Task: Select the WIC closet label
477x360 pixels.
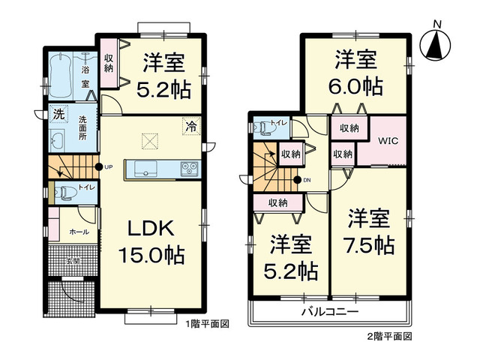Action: pyautogui.click(x=387, y=140)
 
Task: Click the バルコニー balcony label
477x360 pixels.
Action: pyautogui.click(x=330, y=312)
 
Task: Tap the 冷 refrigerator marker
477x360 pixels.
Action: pyautogui.click(x=192, y=128)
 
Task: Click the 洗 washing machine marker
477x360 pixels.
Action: pyautogui.click(x=57, y=115)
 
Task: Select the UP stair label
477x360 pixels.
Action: pyautogui.click(x=109, y=166)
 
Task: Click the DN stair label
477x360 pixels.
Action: pyautogui.click(x=307, y=180)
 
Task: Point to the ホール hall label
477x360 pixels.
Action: pyautogui.click(x=79, y=232)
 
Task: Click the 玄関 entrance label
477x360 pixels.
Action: pyautogui.click(x=72, y=261)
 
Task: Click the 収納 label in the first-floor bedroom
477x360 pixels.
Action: pyautogui.click(x=109, y=63)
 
